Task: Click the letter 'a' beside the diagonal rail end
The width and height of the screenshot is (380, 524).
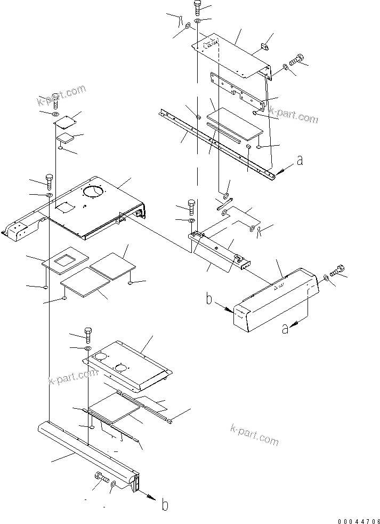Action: point(300,160)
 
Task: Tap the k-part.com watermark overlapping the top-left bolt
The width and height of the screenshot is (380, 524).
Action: point(61,96)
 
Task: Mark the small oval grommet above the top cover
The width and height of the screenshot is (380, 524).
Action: point(263,50)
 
